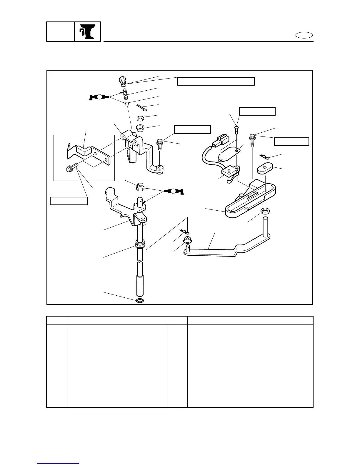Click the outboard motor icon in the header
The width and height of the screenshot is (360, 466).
(x=88, y=32)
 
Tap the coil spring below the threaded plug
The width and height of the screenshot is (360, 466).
(x=125, y=94)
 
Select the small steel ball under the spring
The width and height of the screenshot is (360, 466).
(x=127, y=104)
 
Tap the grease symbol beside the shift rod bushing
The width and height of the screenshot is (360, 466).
(x=174, y=191)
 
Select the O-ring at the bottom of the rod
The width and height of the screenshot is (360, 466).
(x=140, y=301)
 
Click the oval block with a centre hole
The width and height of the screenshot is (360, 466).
(x=265, y=169)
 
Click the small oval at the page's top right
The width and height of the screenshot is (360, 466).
(x=304, y=36)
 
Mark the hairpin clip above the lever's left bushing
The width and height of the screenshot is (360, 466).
(x=185, y=232)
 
